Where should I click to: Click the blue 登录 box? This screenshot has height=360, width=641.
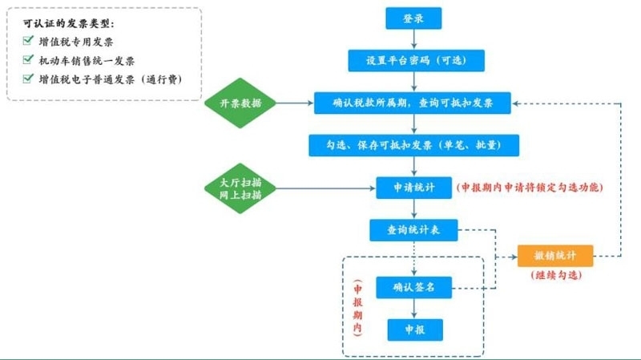click(x=413, y=18)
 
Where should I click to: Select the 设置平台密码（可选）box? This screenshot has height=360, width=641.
click(x=416, y=61)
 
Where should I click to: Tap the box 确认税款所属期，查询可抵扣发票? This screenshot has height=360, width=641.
click(x=413, y=103)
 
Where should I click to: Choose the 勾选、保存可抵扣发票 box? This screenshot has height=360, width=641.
click(x=413, y=145)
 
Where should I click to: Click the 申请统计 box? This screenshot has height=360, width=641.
click(x=413, y=188)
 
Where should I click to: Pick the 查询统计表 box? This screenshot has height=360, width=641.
click(x=413, y=230)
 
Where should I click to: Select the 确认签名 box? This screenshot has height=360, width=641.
click(x=413, y=287)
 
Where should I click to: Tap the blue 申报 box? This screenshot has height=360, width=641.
click(x=415, y=330)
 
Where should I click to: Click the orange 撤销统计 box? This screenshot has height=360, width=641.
click(x=555, y=256)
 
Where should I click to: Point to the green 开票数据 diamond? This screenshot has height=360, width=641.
click(x=240, y=103)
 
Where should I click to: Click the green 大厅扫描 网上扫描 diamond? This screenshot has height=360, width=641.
click(x=240, y=188)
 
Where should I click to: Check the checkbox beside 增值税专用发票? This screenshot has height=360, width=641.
click(x=28, y=41)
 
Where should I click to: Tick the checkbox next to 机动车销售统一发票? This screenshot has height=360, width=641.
click(x=28, y=59)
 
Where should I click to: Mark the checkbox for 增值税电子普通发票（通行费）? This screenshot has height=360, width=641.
click(x=28, y=78)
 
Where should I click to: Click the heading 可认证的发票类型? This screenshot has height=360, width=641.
click(x=68, y=24)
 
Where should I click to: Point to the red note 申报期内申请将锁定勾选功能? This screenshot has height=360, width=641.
click(x=530, y=188)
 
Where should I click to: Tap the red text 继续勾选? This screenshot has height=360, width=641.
click(x=556, y=275)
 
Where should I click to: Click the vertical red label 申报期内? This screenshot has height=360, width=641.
click(x=357, y=308)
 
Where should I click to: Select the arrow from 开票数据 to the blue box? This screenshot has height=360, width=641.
click(x=295, y=103)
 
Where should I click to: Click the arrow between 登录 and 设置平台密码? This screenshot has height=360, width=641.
click(x=413, y=39)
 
